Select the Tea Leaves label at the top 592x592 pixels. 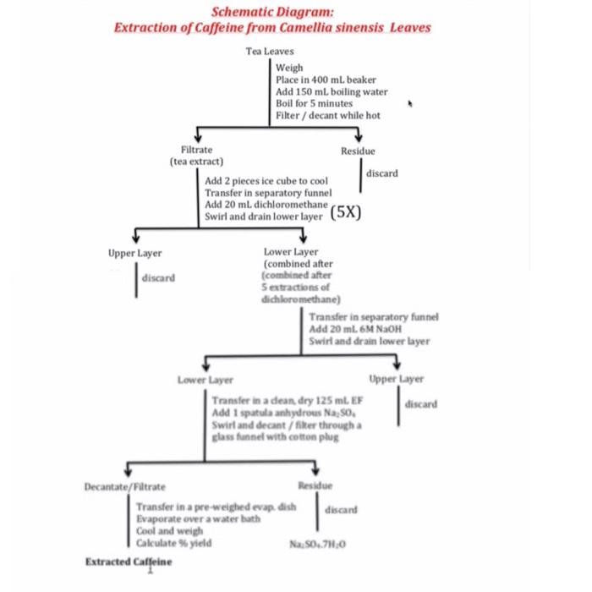pos(264,52)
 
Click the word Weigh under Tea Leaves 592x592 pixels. pos(290,68)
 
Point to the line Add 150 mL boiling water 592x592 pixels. pos(332,91)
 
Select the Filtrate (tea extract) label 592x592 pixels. pos(197,155)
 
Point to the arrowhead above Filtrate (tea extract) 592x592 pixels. pos(197,139)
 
